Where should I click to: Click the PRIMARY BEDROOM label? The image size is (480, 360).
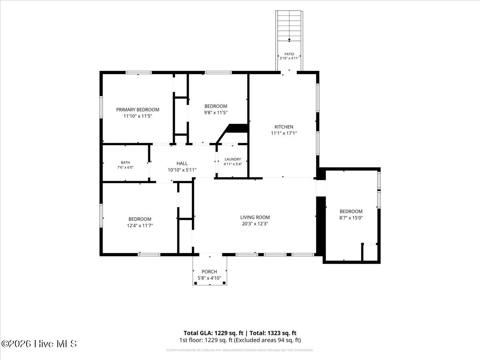click(x=138, y=110)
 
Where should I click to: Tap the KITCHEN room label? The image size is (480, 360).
click(x=284, y=127)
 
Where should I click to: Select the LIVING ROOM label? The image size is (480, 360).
click(x=255, y=217)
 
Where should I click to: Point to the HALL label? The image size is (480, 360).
click(x=182, y=163)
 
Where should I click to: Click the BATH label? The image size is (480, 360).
click(x=125, y=162)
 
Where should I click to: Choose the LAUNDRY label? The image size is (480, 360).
click(x=233, y=159)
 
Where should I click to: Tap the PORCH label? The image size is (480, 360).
click(x=209, y=272)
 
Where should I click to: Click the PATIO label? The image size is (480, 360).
click(x=289, y=54)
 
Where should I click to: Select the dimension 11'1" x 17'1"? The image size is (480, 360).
click(x=284, y=133)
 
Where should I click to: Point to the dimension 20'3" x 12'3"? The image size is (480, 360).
click(x=255, y=224)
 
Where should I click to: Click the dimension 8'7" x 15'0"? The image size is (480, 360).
click(x=351, y=218)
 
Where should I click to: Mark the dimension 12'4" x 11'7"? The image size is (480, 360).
click(x=140, y=225)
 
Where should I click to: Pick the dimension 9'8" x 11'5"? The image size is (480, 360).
click(x=216, y=112)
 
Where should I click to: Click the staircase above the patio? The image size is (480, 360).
click(x=289, y=26)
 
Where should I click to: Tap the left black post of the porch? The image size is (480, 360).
click(x=196, y=283)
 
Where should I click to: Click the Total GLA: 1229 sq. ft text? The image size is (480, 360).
click(x=213, y=333)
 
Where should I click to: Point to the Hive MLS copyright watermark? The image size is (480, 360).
click(x=39, y=344)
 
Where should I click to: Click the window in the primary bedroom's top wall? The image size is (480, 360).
click(x=138, y=72)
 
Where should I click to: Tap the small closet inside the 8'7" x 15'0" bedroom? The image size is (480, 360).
click(x=370, y=252)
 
